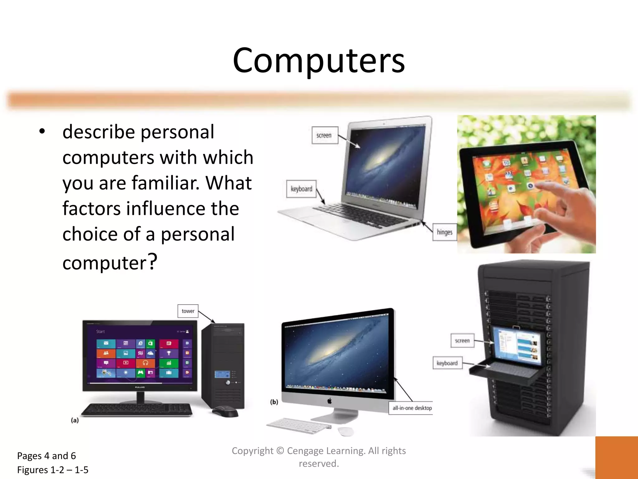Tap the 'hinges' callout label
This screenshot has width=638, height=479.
[x=445, y=232]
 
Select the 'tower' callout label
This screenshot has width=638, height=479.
[x=188, y=311]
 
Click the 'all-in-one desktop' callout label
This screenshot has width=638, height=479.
[x=412, y=408]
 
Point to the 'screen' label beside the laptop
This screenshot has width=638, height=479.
[x=324, y=135]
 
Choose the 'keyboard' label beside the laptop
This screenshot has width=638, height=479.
[x=301, y=189]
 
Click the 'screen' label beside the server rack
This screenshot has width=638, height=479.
[x=462, y=341]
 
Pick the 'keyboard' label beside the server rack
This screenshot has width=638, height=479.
[x=447, y=363]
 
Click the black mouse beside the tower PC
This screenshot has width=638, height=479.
[x=225, y=411]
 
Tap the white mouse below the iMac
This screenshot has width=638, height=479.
[x=346, y=431]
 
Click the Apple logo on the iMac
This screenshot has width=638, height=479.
[x=330, y=401]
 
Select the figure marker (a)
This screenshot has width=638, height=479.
[x=75, y=420]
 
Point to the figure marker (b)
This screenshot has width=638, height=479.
[x=274, y=402]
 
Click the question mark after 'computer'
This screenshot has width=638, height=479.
[x=152, y=261]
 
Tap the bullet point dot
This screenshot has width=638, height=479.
[x=42, y=132]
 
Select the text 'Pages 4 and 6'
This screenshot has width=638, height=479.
[x=46, y=456]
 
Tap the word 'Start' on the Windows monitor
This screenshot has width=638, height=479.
[x=100, y=331]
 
